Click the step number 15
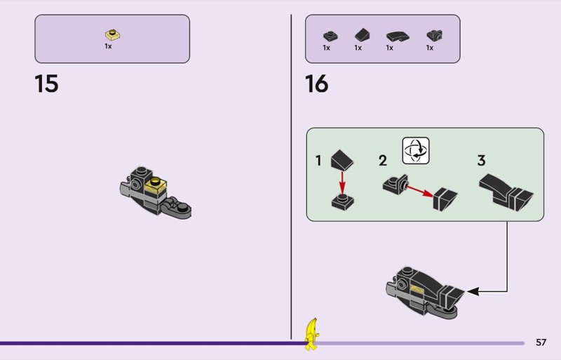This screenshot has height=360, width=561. point(46,84)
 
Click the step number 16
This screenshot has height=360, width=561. point(316,84)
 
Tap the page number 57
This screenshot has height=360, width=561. point(541,342)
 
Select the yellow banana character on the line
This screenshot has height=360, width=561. point(311,333)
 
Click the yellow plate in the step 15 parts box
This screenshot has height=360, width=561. point(112,34)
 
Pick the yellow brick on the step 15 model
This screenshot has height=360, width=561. point(155,185)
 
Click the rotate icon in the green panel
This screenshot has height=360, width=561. point(415,151)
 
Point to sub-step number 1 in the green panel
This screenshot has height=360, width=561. point(318,161)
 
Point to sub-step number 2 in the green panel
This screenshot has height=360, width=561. point(383,161)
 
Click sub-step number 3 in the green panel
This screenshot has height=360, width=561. point(481,161)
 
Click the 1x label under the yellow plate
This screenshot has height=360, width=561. point(109,46)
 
